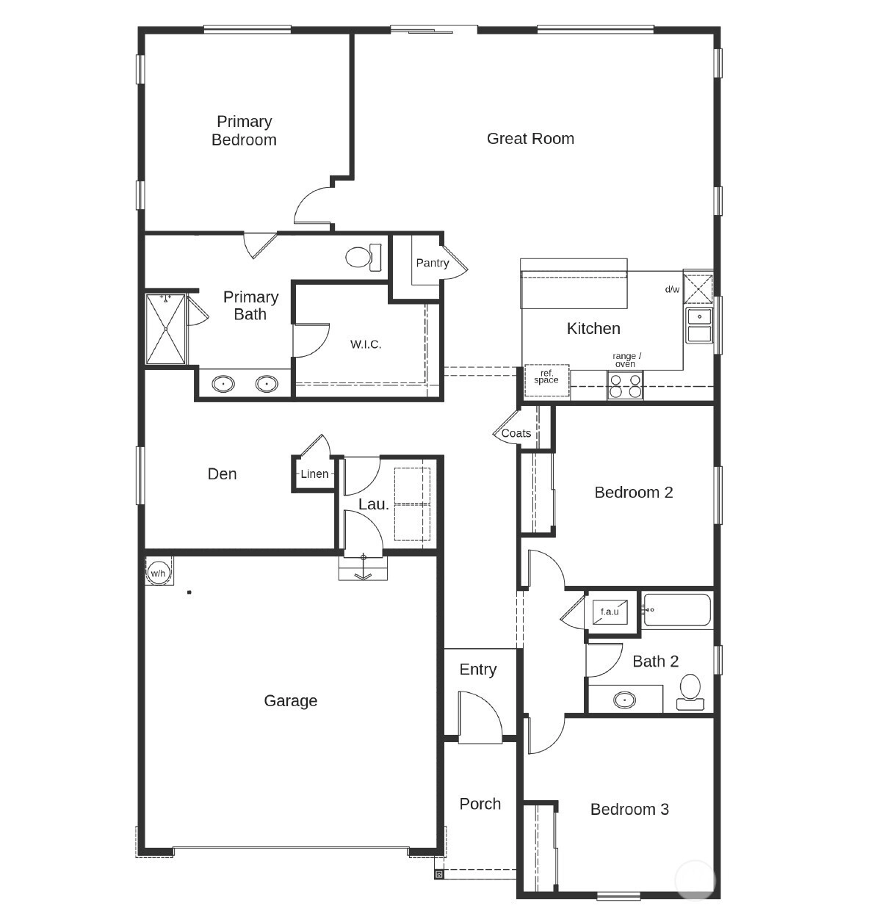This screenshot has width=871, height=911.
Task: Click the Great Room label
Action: click(x=530, y=139)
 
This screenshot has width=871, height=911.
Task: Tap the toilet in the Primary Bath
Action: click(x=364, y=257)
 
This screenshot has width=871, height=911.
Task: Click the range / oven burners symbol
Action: click(x=625, y=385)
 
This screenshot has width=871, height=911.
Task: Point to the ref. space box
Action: click(x=546, y=380)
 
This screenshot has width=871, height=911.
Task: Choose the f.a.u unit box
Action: click(x=610, y=611)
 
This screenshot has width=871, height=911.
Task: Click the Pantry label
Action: click(x=433, y=263)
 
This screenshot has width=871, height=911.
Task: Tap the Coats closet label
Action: click(x=516, y=434)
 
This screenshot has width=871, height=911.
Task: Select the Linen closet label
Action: click(x=314, y=473)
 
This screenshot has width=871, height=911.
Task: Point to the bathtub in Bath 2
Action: click(x=676, y=610)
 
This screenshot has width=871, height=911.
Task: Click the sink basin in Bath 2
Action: click(x=625, y=700)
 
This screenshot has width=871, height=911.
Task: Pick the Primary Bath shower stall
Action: click(x=165, y=329)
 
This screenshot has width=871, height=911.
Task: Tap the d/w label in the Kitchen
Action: click(x=672, y=289)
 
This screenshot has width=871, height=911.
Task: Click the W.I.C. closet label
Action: click(x=366, y=344)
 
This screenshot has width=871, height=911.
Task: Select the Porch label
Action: click(x=480, y=804)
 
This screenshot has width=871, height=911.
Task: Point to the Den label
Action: click(x=222, y=473)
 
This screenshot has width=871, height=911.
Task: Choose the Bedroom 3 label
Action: click(x=629, y=810)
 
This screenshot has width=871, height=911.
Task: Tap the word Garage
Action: click(x=290, y=701)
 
